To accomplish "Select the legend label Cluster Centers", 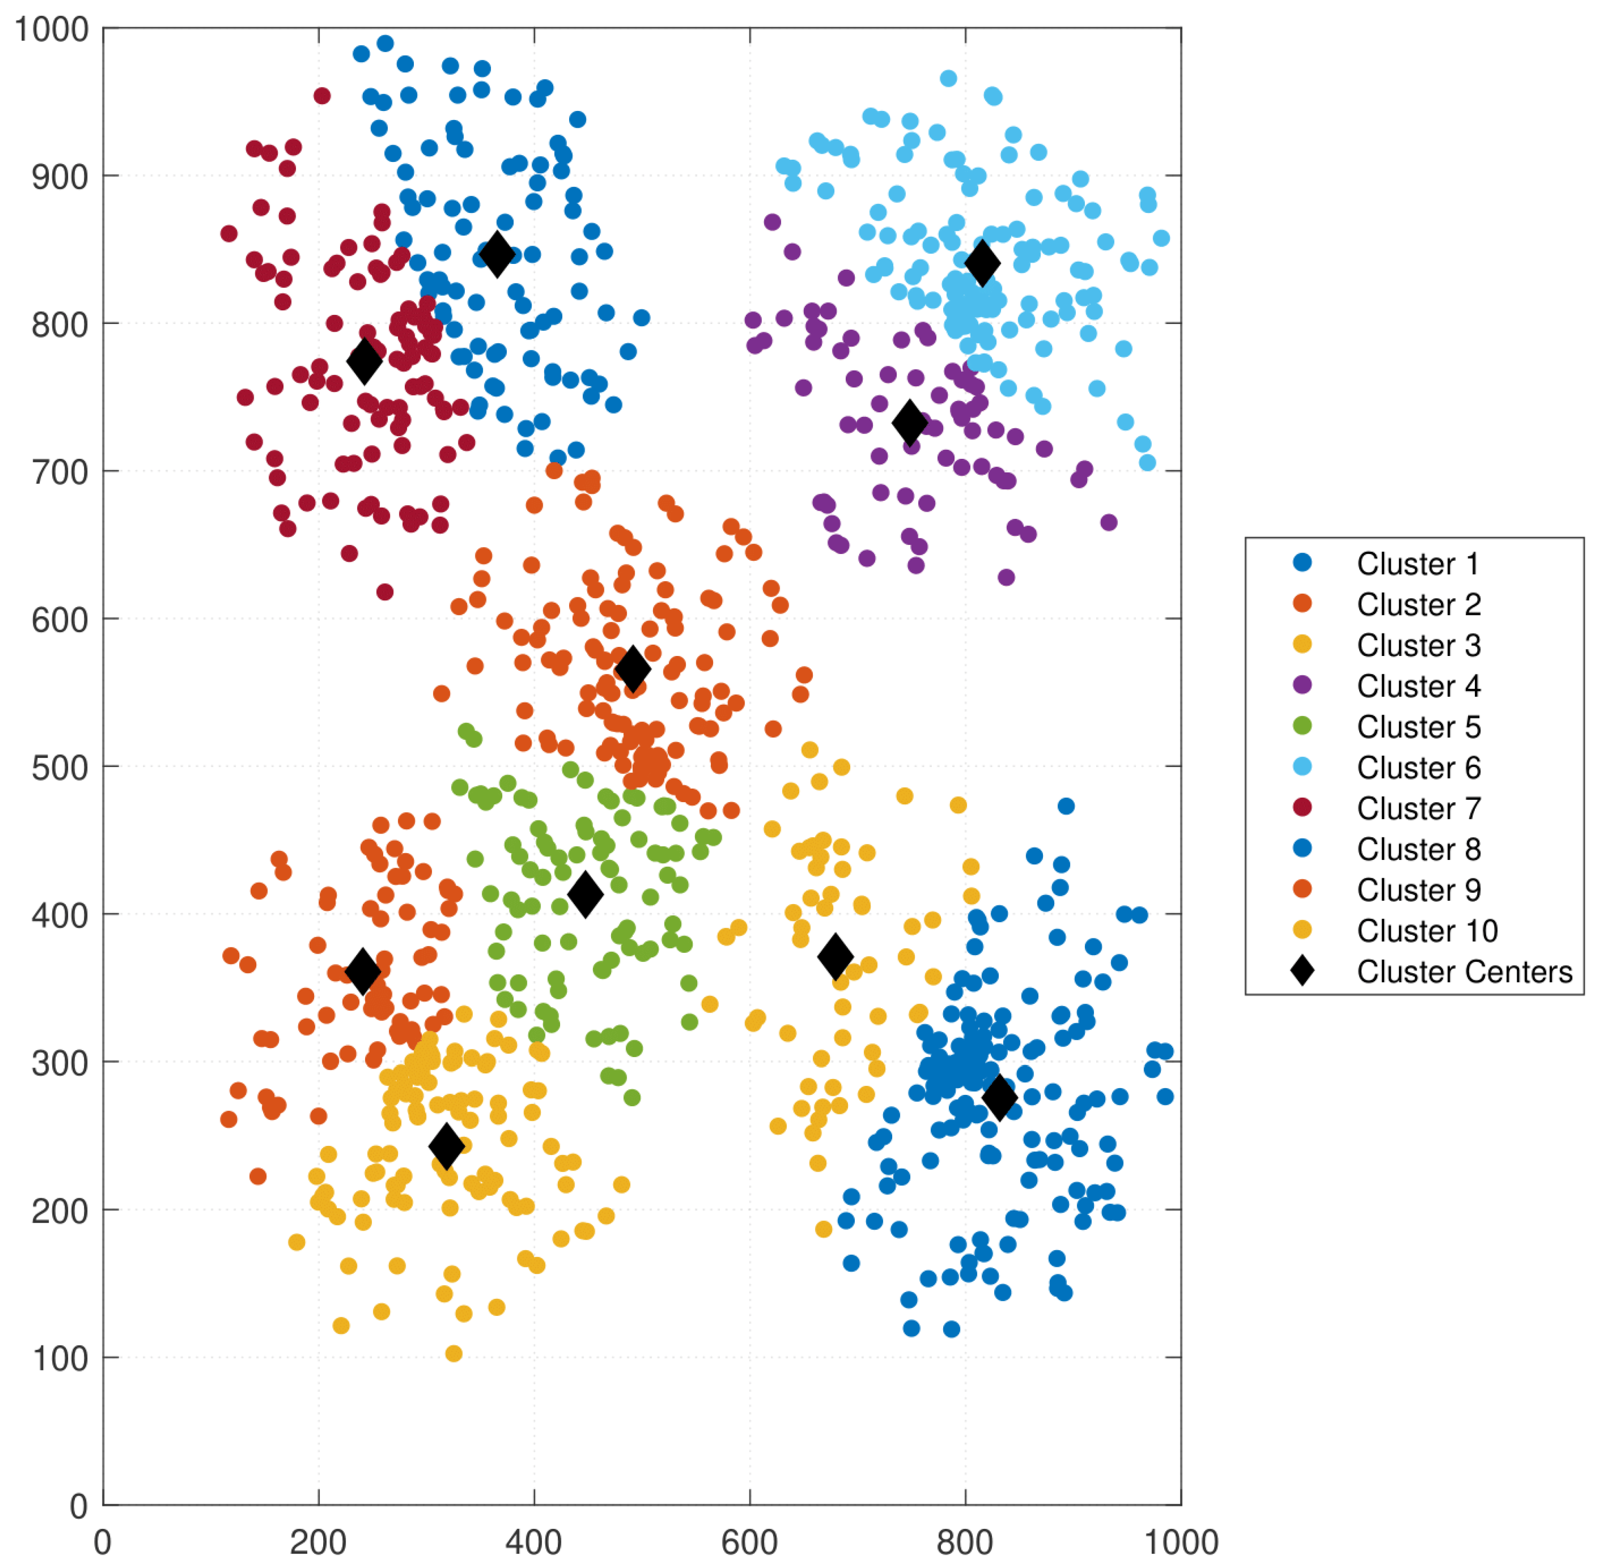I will (x=1464, y=972).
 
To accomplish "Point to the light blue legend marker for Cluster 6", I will (x=1302, y=767).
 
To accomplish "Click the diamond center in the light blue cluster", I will (x=982, y=263).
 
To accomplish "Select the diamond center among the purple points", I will (x=910, y=422).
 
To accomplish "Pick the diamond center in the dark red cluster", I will (x=364, y=361).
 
